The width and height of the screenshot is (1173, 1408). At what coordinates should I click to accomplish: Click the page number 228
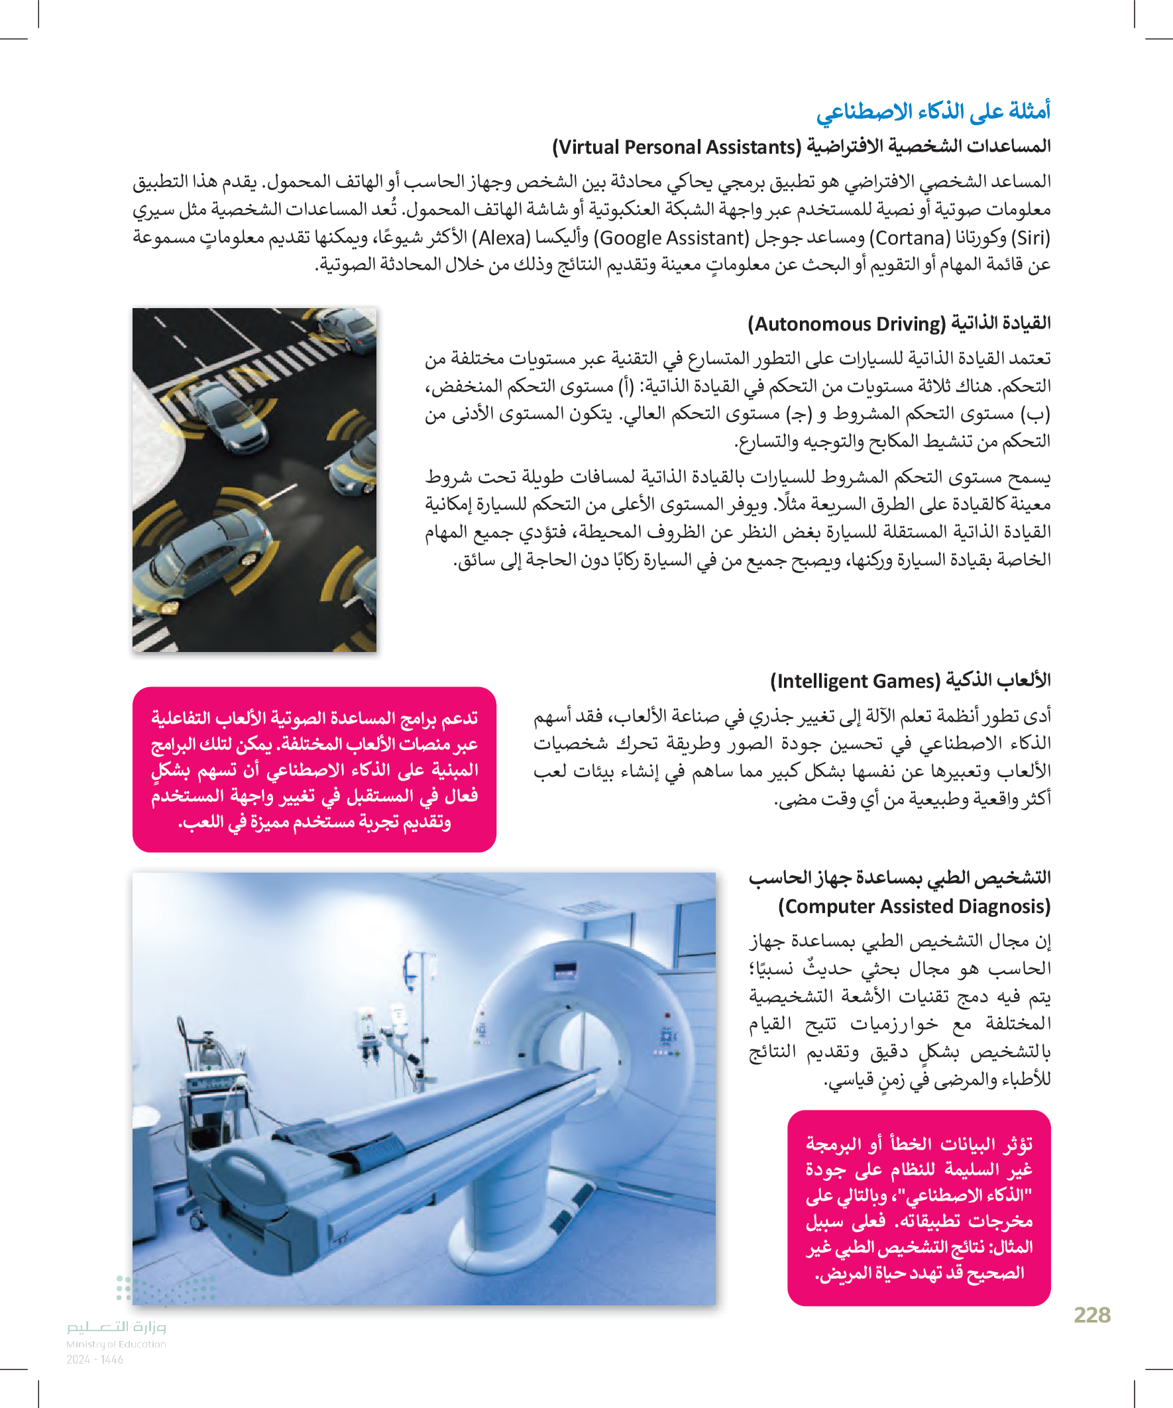click(x=1091, y=1315)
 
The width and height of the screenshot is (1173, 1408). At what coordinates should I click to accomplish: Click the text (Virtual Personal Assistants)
click(x=677, y=147)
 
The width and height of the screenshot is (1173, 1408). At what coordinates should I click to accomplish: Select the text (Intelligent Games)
click(x=855, y=681)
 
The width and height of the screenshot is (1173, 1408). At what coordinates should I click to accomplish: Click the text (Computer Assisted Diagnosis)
click(x=913, y=906)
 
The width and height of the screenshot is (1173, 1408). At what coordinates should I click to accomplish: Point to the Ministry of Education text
click(x=116, y=1344)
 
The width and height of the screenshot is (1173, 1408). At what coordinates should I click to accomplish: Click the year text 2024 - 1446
click(x=95, y=1360)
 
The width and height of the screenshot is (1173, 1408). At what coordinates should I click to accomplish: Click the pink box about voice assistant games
click(x=314, y=769)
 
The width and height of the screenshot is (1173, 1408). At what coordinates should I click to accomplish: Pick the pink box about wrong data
click(x=918, y=1207)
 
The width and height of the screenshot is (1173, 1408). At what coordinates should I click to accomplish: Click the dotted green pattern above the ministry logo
click(x=164, y=1288)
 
